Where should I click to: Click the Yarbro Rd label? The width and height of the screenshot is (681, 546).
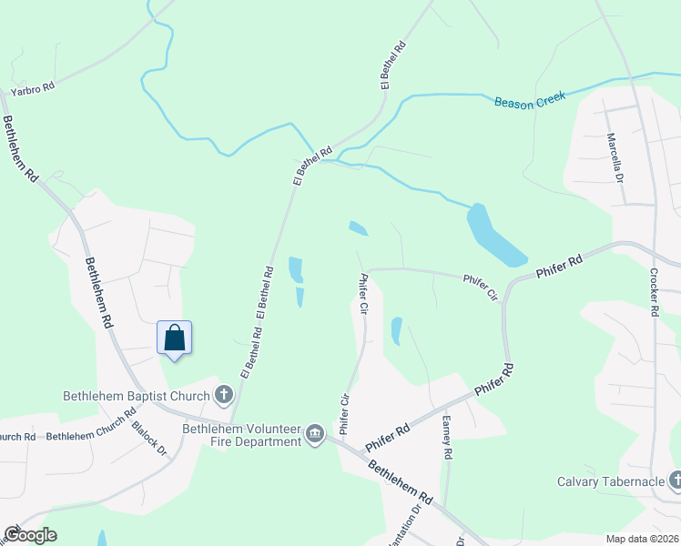click(x=32, y=89)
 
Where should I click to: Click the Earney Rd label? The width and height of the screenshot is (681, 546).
click(x=447, y=437)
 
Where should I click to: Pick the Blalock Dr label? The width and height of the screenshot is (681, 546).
click(x=149, y=438)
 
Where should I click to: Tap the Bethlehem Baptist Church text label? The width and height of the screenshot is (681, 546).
click(x=136, y=396)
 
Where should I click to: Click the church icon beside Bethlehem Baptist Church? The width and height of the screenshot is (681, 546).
click(x=223, y=395)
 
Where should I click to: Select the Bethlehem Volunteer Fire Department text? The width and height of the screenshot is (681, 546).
click(x=241, y=435)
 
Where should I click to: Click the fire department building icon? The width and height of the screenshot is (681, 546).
click(x=315, y=434)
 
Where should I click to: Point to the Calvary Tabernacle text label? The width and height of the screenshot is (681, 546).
click(x=610, y=481)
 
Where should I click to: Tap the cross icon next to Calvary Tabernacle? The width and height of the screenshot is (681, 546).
click(x=675, y=480)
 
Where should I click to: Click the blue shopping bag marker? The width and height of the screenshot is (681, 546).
click(x=175, y=339)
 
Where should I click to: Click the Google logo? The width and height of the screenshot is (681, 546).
click(x=30, y=535)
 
